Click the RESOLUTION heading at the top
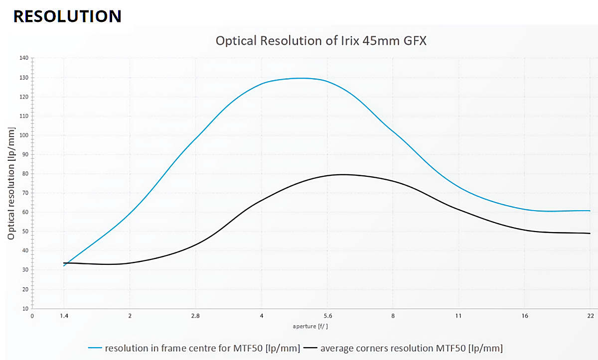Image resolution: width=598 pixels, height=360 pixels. [x=67, y=16]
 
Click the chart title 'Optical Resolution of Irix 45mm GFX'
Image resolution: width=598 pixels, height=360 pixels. [x=321, y=41]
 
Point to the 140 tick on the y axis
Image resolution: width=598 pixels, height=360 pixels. [x=24, y=58]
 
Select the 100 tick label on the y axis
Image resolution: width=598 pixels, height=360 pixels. [x=24, y=135]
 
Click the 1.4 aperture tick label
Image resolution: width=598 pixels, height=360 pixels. [x=64, y=316]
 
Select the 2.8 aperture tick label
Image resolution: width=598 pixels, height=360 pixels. [x=195, y=316]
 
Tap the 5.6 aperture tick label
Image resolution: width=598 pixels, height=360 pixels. [x=327, y=316]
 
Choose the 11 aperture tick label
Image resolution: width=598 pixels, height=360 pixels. [x=458, y=316]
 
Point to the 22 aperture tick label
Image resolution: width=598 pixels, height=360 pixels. [x=590, y=316]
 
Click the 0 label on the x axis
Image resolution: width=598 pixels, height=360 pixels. [x=32, y=316]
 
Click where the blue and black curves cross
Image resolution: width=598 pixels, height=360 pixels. [x=67, y=263]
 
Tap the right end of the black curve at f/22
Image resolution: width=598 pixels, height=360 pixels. [x=590, y=234]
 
